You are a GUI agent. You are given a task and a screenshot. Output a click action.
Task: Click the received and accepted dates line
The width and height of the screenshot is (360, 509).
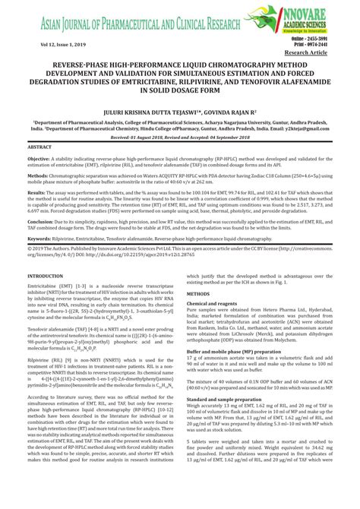180,138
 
